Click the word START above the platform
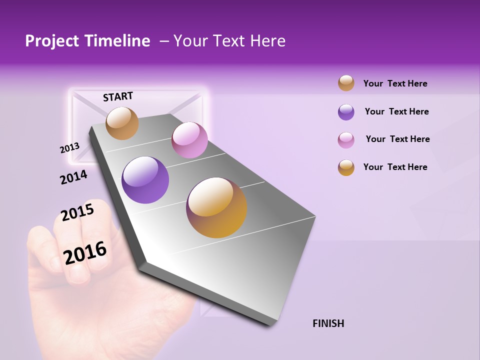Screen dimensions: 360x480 click(118, 96)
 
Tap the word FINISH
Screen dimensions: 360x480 click(328, 323)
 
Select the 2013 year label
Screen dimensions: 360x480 click(69, 148)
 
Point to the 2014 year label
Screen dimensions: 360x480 click(73, 177)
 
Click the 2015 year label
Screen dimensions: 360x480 click(77, 212)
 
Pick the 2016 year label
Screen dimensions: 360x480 click(85, 253)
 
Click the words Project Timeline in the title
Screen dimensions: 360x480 click(87, 41)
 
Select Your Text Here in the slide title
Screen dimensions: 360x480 click(229, 41)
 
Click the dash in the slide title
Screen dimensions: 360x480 click(163, 41)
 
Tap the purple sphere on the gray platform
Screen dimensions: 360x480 click(145, 179)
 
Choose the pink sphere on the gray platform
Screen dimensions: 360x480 click(189, 140)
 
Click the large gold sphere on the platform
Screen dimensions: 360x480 click(216, 207)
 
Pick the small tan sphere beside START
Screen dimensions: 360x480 click(122, 123)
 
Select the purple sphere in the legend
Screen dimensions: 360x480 click(346, 112)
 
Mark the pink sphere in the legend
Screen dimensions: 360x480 click(346, 140)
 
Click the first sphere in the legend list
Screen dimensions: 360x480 click(346, 83)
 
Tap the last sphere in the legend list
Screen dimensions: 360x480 click(346, 167)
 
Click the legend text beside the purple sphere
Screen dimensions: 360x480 click(396, 111)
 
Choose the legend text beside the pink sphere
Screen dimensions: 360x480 click(397, 139)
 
